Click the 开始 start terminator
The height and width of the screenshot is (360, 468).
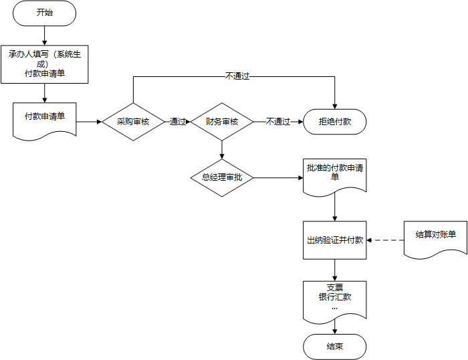[x=44, y=13]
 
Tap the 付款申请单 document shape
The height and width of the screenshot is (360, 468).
[x=44, y=118]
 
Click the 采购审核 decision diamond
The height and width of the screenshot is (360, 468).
[x=133, y=122]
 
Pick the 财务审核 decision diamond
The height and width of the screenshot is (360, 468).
[x=221, y=122]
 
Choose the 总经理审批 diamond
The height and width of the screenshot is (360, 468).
[x=221, y=177]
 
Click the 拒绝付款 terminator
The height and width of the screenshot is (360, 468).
[x=335, y=122]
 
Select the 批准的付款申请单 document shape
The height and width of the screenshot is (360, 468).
[x=335, y=175]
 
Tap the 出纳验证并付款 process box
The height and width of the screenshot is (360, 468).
[x=335, y=240]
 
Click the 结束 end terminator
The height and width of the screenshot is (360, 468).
[x=335, y=347]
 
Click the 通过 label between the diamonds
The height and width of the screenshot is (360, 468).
[x=178, y=122]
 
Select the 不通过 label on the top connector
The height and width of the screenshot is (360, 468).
[x=237, y=76]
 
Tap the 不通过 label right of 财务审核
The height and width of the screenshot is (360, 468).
[x=278, y=122]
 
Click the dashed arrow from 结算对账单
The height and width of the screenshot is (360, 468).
[x=386, y=240]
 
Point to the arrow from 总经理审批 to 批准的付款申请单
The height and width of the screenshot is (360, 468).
[x=277, y=177]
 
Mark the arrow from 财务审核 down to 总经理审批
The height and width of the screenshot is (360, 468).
[x=221, y=149]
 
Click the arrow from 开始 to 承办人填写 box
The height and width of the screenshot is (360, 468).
[x=44, y=34]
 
